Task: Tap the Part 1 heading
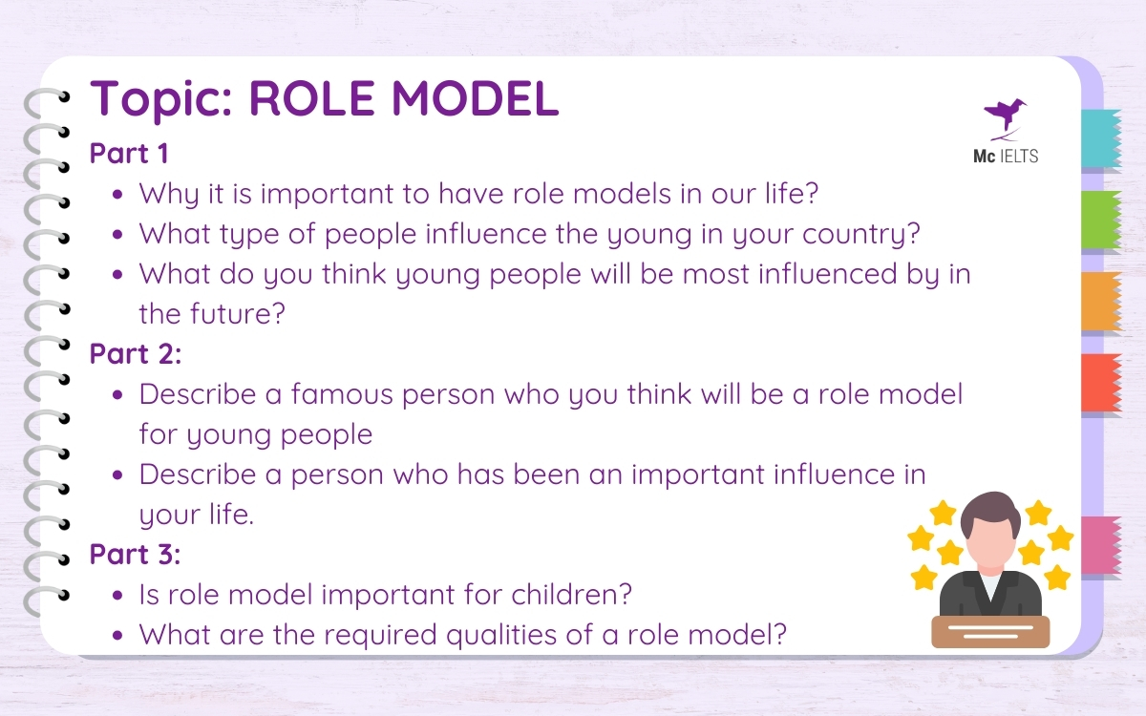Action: [x=129, y=154]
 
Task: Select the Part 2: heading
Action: [x=135, y=353]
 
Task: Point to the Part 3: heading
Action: [x=135, y=554]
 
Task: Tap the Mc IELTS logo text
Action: [x=999, y=156]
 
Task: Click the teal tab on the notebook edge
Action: [x=1101, y=137]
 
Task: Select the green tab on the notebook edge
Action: [x=1101, y=220]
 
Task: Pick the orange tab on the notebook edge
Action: [x=1101, y=302]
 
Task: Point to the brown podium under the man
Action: [x=990, y=631]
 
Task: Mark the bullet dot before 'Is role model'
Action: [x=117, y=595]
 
